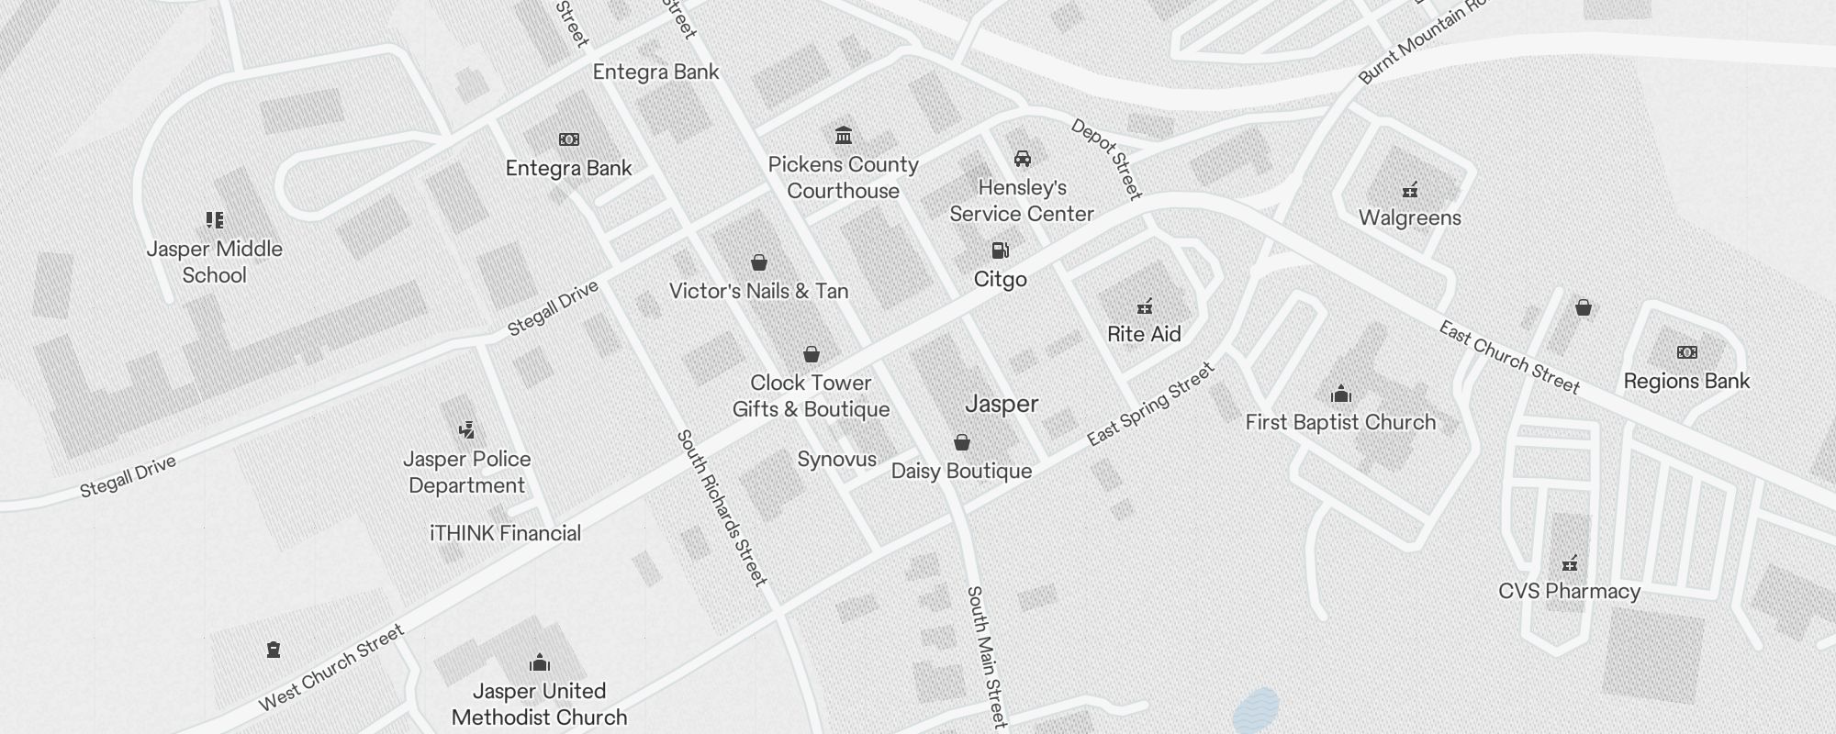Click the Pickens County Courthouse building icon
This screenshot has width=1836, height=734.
[x=844, y=137]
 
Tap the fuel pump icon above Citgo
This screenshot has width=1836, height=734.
[x=1001, y=250]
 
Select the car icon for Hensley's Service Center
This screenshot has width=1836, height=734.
[x=1022, y=159]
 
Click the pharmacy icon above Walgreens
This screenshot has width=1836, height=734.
[x=1410, y=190]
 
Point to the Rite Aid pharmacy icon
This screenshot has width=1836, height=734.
[x=1144, y=306]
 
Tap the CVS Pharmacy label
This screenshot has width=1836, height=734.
[x=1569, y=591]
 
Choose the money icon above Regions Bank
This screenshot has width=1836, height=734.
[x=1686, y=352]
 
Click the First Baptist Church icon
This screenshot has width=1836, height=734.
[x=1340, y=395]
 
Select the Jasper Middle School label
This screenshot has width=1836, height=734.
[x=215, y=261]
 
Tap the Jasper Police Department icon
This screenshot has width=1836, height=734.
[x=467, y=430]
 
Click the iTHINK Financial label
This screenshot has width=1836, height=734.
[x=505, y=533]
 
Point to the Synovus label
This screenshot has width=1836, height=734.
[x=836, y=459]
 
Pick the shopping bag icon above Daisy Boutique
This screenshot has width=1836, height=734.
[x=962, y=443]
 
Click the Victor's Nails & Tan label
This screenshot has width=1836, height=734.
[x=758, y=291]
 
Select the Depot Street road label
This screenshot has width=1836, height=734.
[x=1106, y=159]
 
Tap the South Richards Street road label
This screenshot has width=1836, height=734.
[x=722, y=506]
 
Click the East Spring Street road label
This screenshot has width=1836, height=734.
[x=1150, y=405]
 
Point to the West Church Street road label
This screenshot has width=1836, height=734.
[x=330, y=668]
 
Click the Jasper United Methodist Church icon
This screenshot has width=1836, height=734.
[x=540, y=662]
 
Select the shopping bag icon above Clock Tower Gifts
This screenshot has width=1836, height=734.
[x=811, y=354]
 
